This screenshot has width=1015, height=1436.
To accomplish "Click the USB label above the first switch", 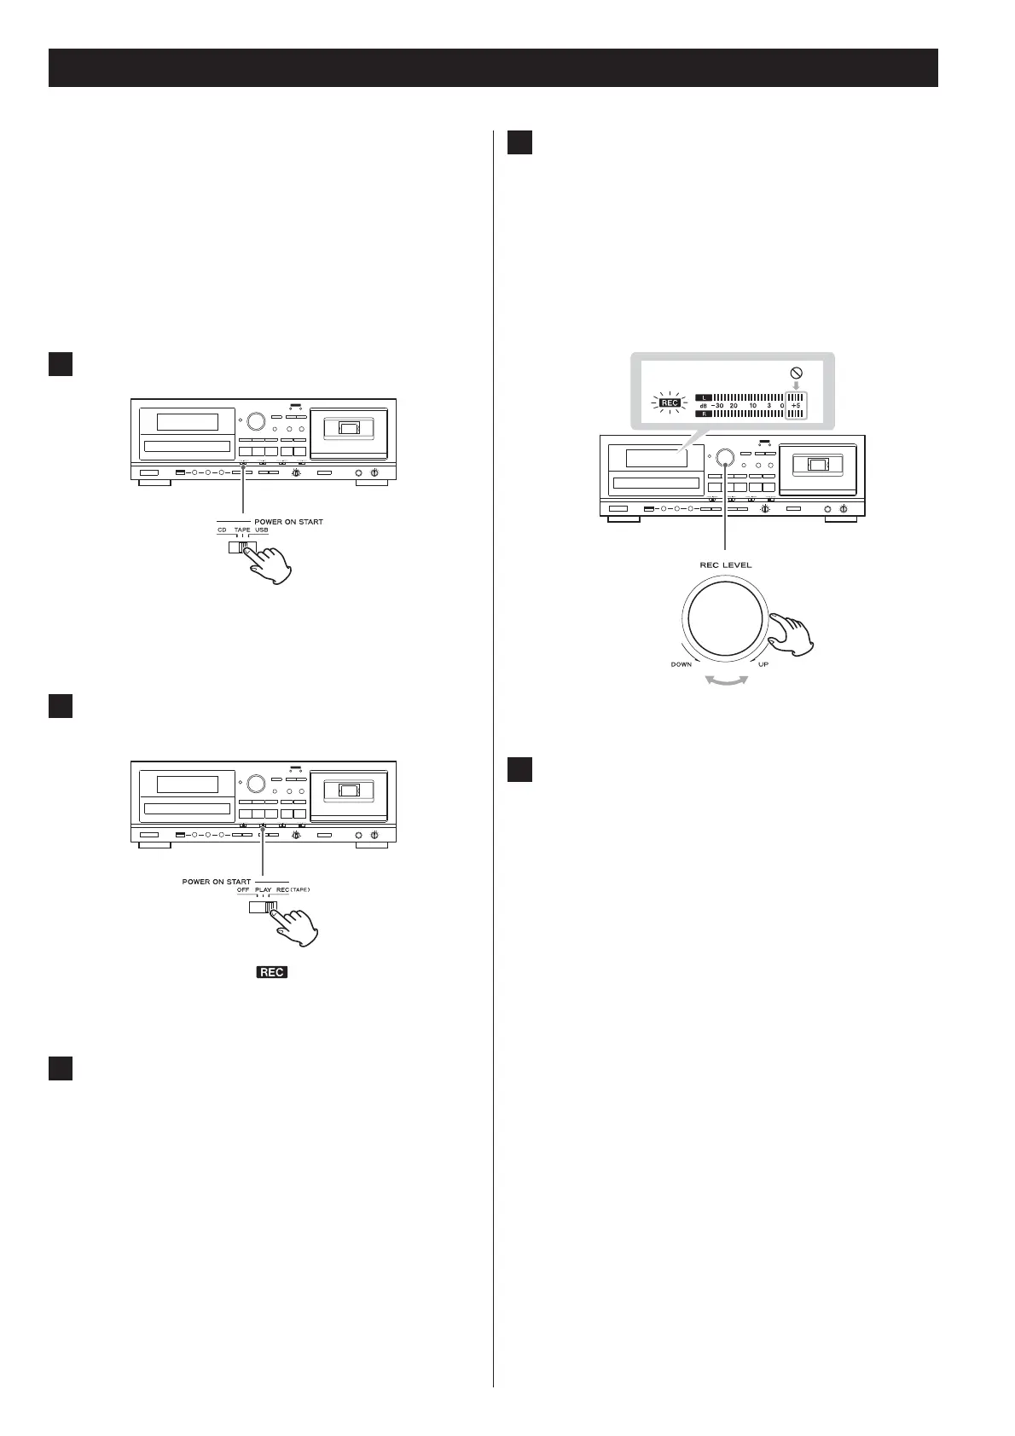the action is point(261,530).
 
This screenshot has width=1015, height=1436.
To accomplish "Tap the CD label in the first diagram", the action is point(222,530).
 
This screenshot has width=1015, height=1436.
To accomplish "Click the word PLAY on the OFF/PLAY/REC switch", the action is point(263,889).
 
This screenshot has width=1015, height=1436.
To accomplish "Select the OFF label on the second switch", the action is point(242,889).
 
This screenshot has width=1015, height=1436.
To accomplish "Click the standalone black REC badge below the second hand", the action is point(272,971).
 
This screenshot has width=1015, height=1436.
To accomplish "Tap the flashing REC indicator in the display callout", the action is point(670,402).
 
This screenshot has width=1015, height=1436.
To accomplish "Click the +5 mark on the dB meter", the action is point(795,405).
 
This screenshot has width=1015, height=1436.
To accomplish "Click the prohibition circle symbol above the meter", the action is point(795,372).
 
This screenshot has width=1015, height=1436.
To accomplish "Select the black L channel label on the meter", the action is point(703,397).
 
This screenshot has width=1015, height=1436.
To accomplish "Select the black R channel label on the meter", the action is point(703,414).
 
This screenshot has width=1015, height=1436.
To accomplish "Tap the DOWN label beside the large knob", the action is point(681,664).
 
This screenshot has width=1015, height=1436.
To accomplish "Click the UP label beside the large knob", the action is point(763,664).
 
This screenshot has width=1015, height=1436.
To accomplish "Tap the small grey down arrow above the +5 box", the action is point(795,385).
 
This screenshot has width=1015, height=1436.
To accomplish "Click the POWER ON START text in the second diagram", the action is point(217,881).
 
